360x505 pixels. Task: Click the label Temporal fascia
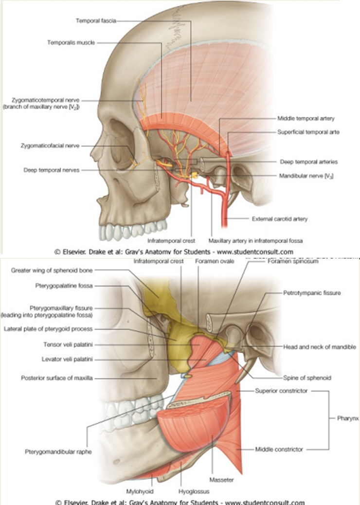pyautogui.click(x=96, y=21)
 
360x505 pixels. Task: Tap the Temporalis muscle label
pyautogui.click(x=71, y=43)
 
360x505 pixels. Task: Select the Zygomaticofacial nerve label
pyautogui.click(x=50, y=145)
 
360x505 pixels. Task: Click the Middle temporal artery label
pyautogui.click(x=306, y=118)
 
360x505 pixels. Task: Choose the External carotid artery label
pyautogui.click(x=279, y=219)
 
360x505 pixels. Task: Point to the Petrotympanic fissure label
pyautogui.click(x=312, y=293)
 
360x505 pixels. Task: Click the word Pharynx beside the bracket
pyautogui.click(x=346, y=417)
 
